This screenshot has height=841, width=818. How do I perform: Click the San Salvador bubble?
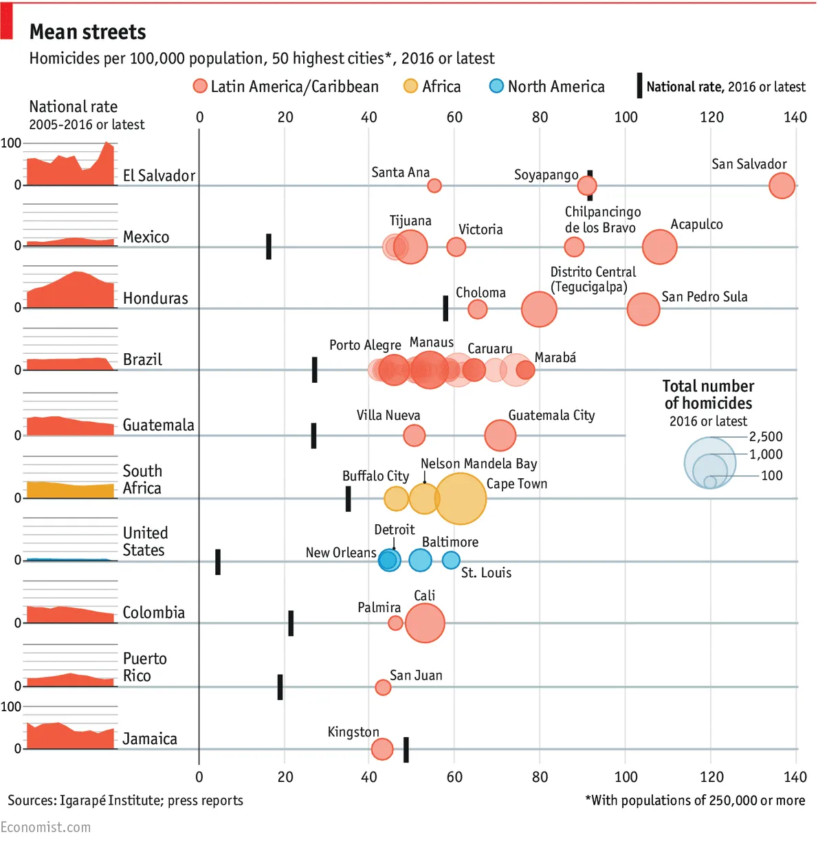point(782,186)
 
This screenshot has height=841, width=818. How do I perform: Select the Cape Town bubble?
point(460,499)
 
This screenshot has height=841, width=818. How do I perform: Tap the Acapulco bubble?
point(660,247)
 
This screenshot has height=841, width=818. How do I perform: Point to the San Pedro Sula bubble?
point(643,309)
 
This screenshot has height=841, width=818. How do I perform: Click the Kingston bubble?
point(382,749)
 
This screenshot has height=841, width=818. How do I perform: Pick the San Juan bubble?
point(383,687)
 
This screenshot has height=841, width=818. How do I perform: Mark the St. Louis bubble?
point(451,561)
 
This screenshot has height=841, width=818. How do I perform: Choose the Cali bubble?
point(425,623)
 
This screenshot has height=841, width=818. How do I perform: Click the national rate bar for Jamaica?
point(406,750)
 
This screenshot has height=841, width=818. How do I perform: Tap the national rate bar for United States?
point(218,561)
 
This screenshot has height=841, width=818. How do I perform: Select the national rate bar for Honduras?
point(445,309)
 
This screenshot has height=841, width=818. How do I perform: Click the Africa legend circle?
point(410,86)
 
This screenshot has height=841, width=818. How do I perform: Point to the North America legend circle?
point(496,86)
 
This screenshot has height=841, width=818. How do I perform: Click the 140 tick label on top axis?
point(795,117)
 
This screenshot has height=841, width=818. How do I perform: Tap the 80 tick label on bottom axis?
point(540,777)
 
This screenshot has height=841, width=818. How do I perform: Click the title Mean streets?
point(88,32)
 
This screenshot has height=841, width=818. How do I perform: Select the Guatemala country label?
point(158,425)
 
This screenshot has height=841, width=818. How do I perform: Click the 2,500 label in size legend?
point(766,437)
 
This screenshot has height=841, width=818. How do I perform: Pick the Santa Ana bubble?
point(434,186)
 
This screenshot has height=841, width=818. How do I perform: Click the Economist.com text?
point(45,827)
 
